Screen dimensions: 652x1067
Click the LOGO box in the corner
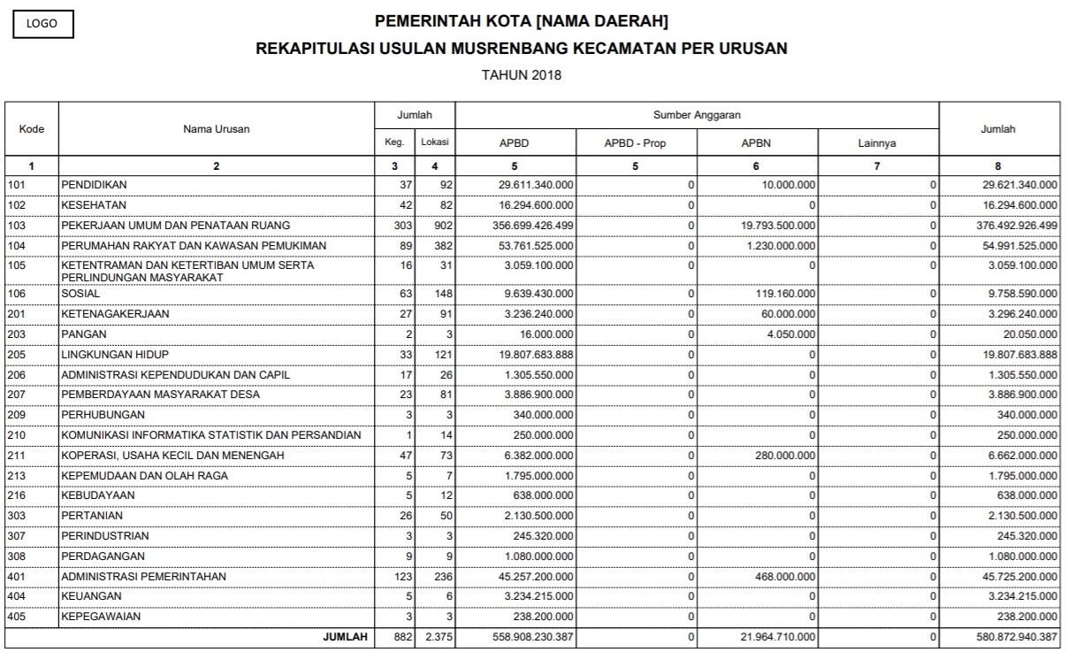click(x=42, y=24)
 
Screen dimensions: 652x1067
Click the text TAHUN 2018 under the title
click(x=521, y=75)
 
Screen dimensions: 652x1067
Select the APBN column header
click(x=758, y=143)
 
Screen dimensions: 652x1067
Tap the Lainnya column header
click(x=878, y=143)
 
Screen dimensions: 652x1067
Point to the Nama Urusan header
click(x=217, y=129)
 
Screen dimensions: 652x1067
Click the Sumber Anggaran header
click(x=697, y=115)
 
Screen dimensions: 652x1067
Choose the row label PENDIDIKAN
click(x=94, y=184)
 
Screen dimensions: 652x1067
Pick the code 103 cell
click(x=18, y=225)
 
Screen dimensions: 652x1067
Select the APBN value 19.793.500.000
click(x=778, y=225)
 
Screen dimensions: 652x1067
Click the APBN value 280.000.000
click(x=785, y=455)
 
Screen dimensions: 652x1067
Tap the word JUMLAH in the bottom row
click(x=345, y=637)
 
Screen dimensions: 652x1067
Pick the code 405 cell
click(x=18, y=617)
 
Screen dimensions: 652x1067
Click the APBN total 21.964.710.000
click(x=778, y=637)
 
